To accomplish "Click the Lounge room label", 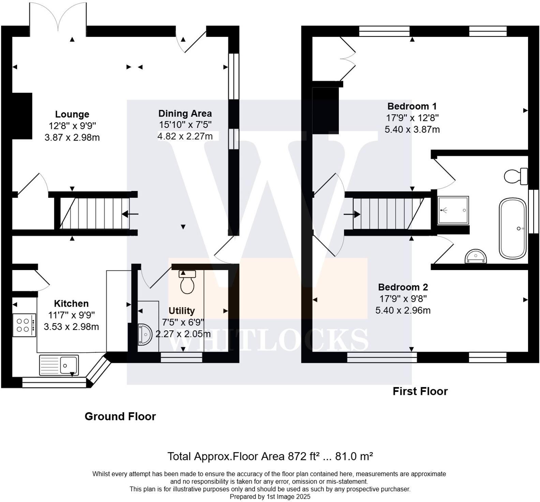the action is [72, 114].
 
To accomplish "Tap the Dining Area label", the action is [185, 114].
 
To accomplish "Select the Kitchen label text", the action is [71, 304].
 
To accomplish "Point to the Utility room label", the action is [182, 311].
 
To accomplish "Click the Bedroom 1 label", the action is [412, 106].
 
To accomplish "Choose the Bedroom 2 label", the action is [403, 287].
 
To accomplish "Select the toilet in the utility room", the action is [187, 282].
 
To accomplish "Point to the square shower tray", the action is [453, 210].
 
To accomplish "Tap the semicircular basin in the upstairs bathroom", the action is [476, 256].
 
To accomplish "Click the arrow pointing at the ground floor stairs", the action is [130, 214].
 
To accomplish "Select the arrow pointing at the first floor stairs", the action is [352, 215].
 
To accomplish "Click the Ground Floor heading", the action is [120, 416].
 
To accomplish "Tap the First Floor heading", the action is [420, 391].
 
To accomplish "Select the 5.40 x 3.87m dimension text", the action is [412, 130].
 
